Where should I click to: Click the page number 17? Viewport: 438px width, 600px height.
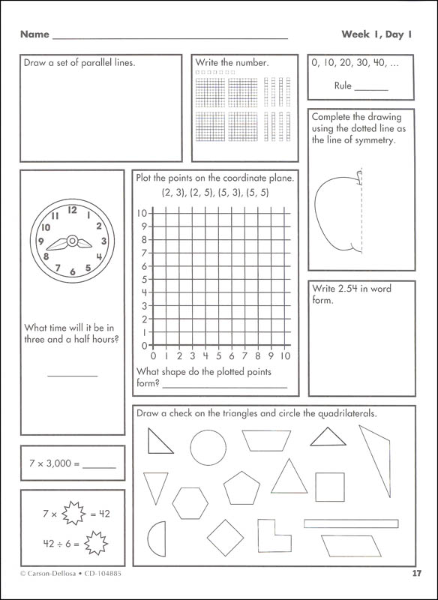tap(417, 575)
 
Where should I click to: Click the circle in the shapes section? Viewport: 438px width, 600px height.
tap(208, 448)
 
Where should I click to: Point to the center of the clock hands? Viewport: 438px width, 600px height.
tap(73, 241)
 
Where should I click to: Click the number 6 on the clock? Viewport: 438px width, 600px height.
tap(73, 272)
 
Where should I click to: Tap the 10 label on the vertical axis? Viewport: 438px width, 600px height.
tap(142, 213)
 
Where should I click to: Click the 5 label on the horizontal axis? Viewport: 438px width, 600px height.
tap(219, 356)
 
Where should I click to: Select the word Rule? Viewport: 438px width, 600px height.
tap(342, 86)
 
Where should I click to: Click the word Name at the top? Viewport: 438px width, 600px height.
tap(34, 34)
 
